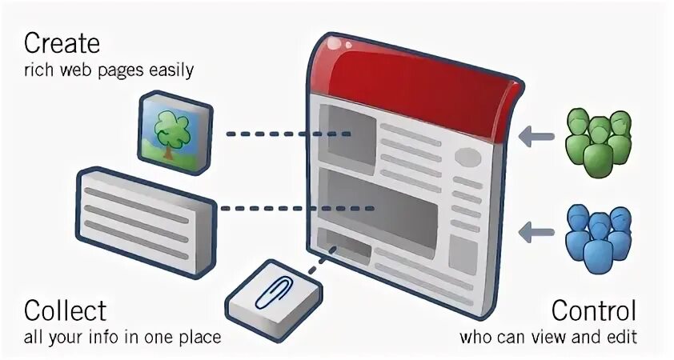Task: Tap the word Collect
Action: tap(65, 310)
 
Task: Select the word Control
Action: tap(594, 310)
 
